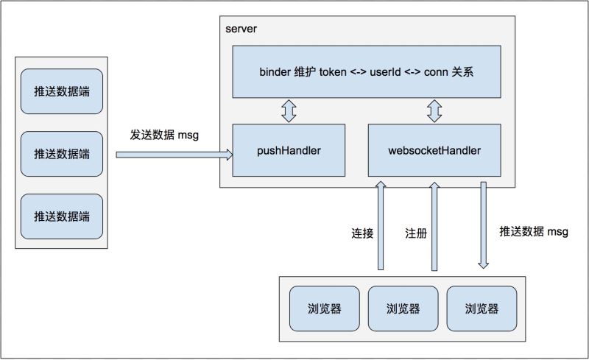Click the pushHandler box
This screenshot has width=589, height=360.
click(x=288, y=151)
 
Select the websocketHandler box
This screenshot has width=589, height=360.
click(x=434, y=151)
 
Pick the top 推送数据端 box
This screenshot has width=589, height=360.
click(x=62, y=91)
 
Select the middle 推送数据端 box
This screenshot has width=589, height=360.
click(x=62, y=154)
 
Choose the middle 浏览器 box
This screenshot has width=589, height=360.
click(x=403, y=308)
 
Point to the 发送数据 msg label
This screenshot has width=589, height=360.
click(x=164, y=135)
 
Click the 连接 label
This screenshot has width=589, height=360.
click(x=362, y=234)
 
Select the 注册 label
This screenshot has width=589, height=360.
click(x=415, y=234)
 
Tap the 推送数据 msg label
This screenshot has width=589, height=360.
click(x=533, y=232)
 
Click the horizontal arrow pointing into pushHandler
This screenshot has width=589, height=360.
click(x=174, y=155)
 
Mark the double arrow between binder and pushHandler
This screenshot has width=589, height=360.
click(x=288, y=112)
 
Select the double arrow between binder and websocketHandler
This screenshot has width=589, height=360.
click(x=434, y=112)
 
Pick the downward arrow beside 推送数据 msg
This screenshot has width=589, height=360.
click(x=484, y=225)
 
